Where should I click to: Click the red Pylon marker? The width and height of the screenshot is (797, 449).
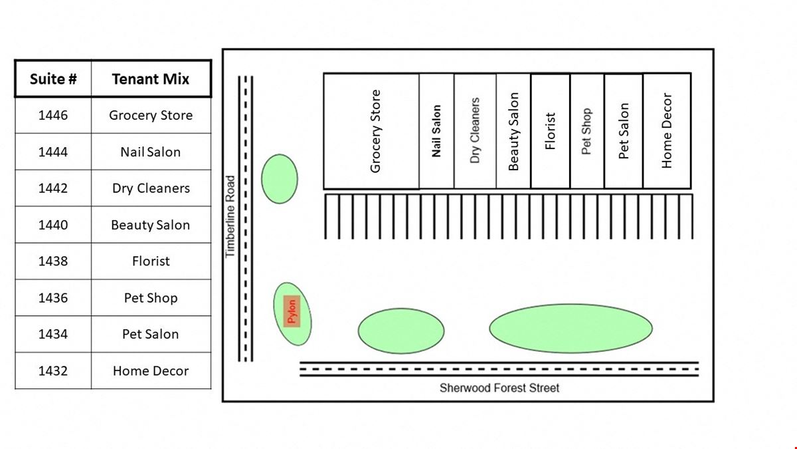pos(291,311)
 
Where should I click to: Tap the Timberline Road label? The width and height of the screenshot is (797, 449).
pos(230,216)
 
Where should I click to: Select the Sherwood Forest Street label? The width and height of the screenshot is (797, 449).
pos(499,388)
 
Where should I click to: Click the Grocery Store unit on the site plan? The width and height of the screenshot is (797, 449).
pos(371,131)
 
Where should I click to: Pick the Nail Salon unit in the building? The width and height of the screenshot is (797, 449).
pos(436,131)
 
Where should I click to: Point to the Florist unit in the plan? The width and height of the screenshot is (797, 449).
pos(550,131)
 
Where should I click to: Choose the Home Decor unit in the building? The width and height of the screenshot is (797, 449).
pos(667,131)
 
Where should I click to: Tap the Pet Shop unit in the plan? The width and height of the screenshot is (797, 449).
pos(586,131)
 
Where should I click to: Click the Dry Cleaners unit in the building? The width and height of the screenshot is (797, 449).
pos(475,131)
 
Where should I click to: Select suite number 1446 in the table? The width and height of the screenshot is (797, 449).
pos(53,115)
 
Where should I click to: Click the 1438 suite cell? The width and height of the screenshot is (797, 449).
pos(53,261)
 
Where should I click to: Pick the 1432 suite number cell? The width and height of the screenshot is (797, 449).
pos(53,371)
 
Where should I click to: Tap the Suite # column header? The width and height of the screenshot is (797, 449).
pos(53,79)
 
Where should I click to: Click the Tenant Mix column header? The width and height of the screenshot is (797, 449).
pos(151,79)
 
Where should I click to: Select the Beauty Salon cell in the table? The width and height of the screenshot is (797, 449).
pos(151,225)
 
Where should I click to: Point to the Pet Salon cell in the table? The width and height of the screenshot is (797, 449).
pos(151,335)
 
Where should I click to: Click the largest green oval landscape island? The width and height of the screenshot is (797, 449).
pos(571,329)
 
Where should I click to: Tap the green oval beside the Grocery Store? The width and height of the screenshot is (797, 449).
pos(279,179)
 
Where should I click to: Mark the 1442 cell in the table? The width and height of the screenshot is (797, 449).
pos(53,188)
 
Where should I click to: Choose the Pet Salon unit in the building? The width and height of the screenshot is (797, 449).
pos(623,131)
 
